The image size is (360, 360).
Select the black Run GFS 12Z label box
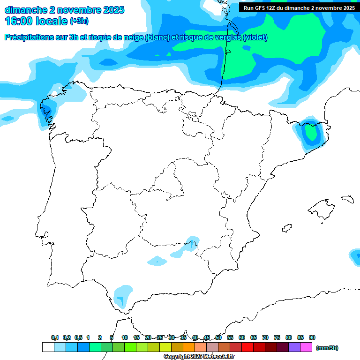[x=299, y=7]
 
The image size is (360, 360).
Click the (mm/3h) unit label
[x=327, y=348]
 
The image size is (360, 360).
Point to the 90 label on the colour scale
[x=312, y=337]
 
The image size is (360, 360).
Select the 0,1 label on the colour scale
[x=55, y=337]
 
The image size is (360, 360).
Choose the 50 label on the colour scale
[x=218, y=337]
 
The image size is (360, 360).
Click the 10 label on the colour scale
[x=125, y=337]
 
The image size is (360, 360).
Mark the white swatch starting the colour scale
[x=48, y=347]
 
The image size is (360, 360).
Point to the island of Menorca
[x=347, y=199]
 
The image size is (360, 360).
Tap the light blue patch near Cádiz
[x=122, y=295]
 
